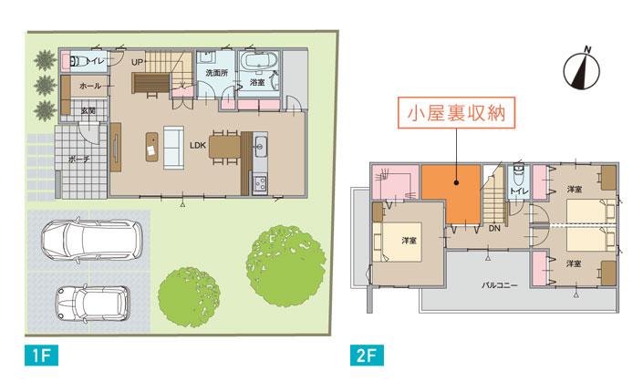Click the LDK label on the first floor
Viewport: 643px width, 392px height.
click(x=198, y=145)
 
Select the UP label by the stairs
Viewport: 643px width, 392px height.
click(x=138, y=62)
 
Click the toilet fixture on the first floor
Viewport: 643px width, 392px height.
click(x=77, y=61)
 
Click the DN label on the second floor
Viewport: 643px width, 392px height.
click(x=493, y=230)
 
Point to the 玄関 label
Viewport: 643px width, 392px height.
click(x=78, y=109)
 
